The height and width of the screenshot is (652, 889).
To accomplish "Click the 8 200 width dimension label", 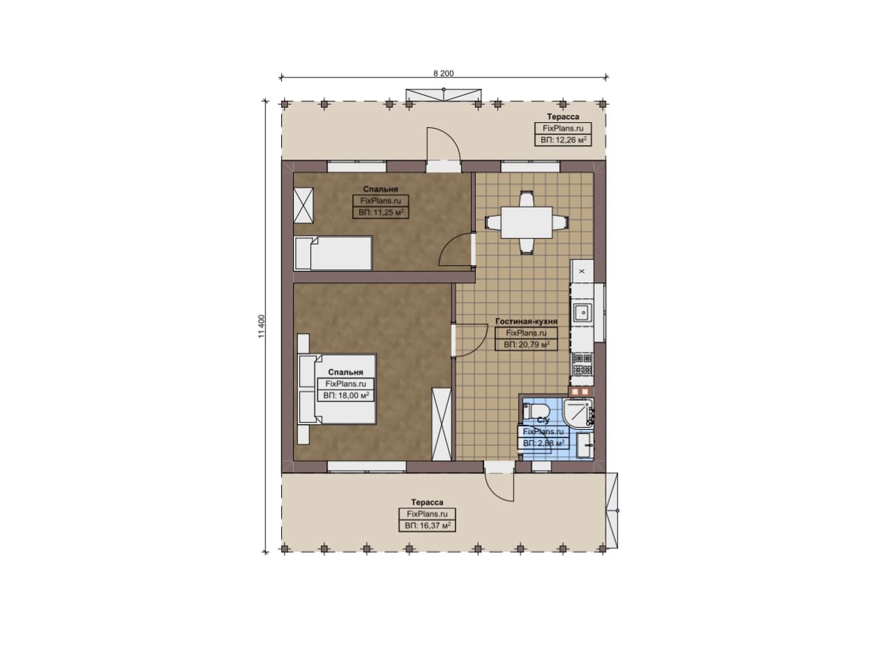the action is pos(443,74).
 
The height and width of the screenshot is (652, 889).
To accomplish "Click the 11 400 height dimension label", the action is pos(261,326).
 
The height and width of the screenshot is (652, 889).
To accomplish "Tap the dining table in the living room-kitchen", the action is pos(526,222).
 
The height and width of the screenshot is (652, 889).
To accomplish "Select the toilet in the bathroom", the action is pos(535,410).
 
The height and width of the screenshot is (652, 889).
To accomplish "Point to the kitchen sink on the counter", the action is pos(582,312).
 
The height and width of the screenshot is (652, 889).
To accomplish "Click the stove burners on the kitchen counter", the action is pos(582,365).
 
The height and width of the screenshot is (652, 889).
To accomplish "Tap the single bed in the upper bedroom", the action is pos(333,253).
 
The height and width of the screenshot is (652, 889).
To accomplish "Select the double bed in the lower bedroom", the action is pos(338,389).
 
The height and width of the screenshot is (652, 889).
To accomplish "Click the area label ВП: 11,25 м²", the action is pos(381,212).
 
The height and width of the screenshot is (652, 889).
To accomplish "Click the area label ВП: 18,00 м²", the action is pos(346,396).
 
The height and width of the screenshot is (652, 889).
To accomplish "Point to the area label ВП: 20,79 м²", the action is pos(526,344).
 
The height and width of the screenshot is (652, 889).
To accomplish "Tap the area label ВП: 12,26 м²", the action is pos(563,140).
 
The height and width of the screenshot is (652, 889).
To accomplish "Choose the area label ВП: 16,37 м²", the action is pos(427,526).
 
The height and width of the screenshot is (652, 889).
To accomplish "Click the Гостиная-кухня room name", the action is pos(526,321).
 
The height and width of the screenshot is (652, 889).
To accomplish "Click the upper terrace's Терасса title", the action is pos(563,117).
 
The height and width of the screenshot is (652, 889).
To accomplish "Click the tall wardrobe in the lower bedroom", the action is pos(442,424).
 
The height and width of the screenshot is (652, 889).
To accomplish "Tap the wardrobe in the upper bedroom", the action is pos(304,206).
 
